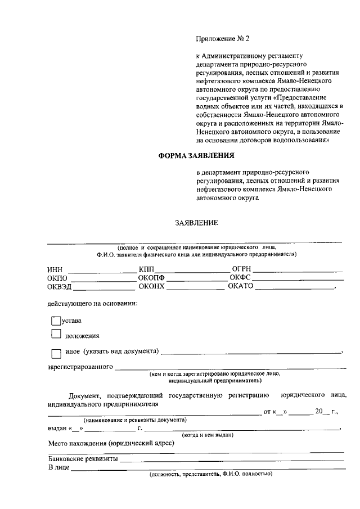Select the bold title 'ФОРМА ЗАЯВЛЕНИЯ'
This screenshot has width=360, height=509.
pyautogui.click(x=196, y=155)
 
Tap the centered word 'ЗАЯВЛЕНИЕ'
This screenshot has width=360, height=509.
pyautogui.click(x=196, y=223)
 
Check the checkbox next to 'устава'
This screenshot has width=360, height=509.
pyautogui.click(x=55, y=321)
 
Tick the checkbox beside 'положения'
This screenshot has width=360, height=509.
pyautogui.click(x=55, y=335)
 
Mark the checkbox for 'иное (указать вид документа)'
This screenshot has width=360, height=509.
pyautogui.click(x=55, y=354)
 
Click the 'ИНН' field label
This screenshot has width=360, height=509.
pyautogui.click(x=55, y=269)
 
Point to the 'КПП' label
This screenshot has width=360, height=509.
pyautogui.click(x=146, y=269)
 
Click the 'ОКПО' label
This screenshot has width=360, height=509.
pyautogui.click(x=57, y=278)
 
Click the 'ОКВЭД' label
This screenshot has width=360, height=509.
pyautogui.click(x=59, y=287)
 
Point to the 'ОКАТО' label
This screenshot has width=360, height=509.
pyautogui.click(x=241, y=287)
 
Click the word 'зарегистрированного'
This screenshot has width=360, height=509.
pyautogui.click(x=80, y=368)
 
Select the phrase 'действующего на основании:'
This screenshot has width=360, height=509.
pyautogui.click(x=92, y=304)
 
